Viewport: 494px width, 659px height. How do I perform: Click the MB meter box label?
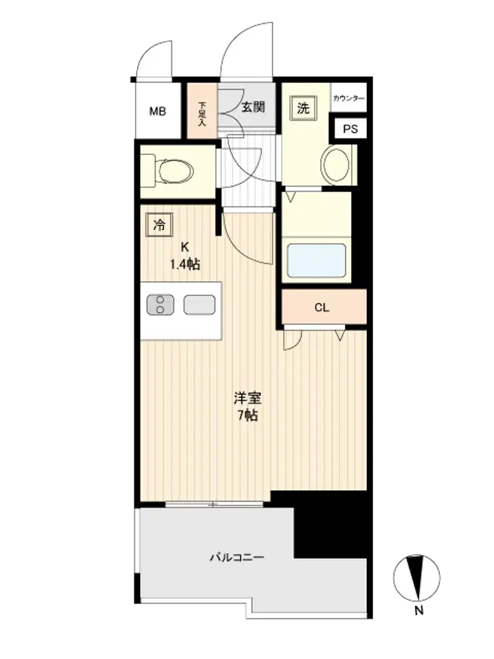coord(157,111)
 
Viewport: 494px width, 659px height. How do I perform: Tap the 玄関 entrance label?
coord(253,107)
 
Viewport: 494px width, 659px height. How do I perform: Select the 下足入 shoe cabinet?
coord(202,111)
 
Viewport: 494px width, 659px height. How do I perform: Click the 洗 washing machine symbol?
coord(303,108)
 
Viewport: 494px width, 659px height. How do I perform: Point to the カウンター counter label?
coord(348,98)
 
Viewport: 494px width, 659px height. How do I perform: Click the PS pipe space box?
coord(350,129)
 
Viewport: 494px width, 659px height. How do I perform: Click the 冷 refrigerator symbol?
coord(159,225)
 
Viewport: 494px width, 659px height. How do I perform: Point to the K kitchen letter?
coord(185,248)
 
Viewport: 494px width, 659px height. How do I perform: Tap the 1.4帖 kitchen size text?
coord(185,264)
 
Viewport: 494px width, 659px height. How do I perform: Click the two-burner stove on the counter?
coord(160,304)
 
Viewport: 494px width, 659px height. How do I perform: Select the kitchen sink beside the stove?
coord(200,304)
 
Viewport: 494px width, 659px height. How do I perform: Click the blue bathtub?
coord(316,260)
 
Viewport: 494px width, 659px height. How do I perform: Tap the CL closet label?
coord(322,308)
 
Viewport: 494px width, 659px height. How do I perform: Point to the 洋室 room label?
coord(248,397)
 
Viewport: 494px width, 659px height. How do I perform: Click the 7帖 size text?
coord(248,415)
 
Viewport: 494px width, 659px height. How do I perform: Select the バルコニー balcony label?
coord(237,558)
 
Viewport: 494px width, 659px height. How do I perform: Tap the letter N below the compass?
coord(418,610)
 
